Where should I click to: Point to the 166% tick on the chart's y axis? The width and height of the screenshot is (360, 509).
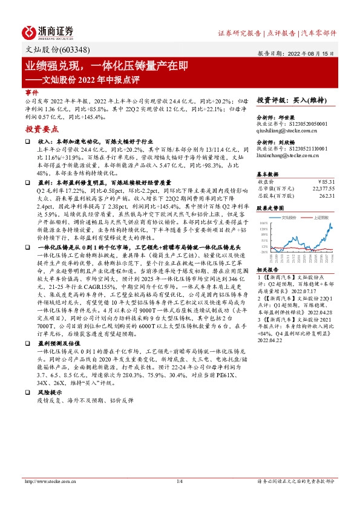(264, 222)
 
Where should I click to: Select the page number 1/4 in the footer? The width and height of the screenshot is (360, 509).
(179, 481)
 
